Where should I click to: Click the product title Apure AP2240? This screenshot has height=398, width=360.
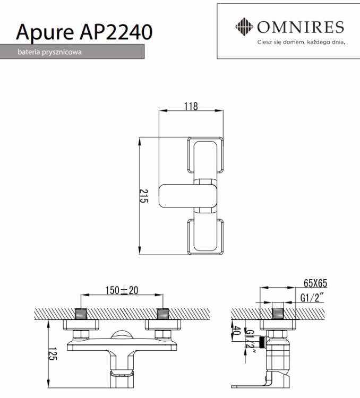[x=84, y=32]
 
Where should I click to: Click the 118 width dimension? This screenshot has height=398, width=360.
[x=191, y=106]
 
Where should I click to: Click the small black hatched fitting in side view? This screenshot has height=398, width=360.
[x=261, y=336]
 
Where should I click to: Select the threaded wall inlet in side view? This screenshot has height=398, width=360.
[x=278, y=313]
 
